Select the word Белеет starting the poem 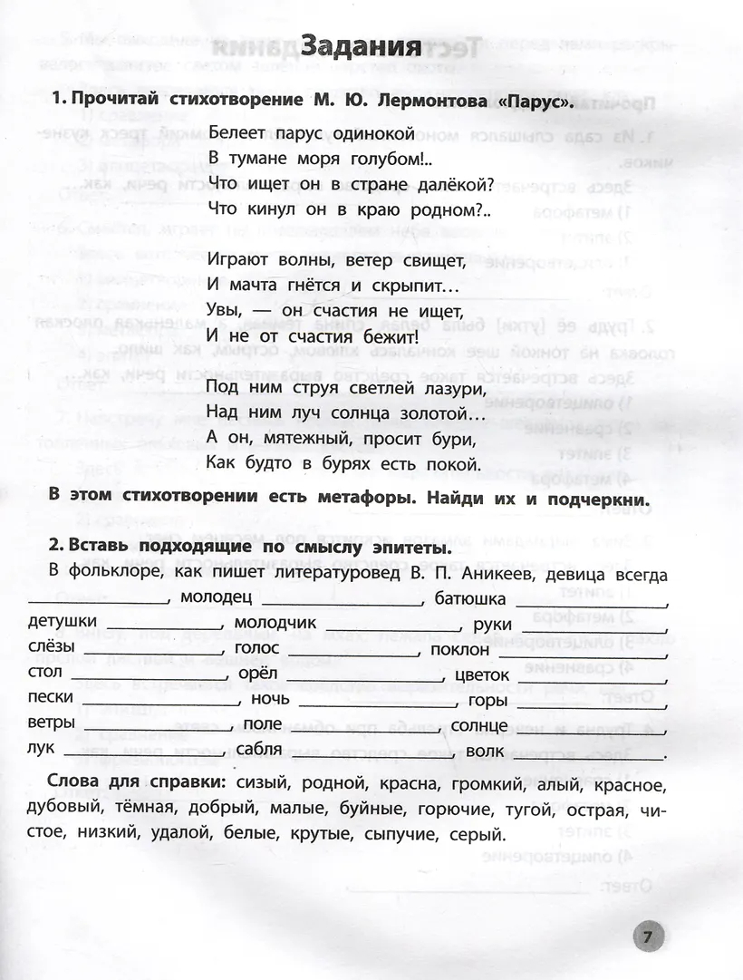[237, 131]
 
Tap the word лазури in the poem [441, 387]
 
